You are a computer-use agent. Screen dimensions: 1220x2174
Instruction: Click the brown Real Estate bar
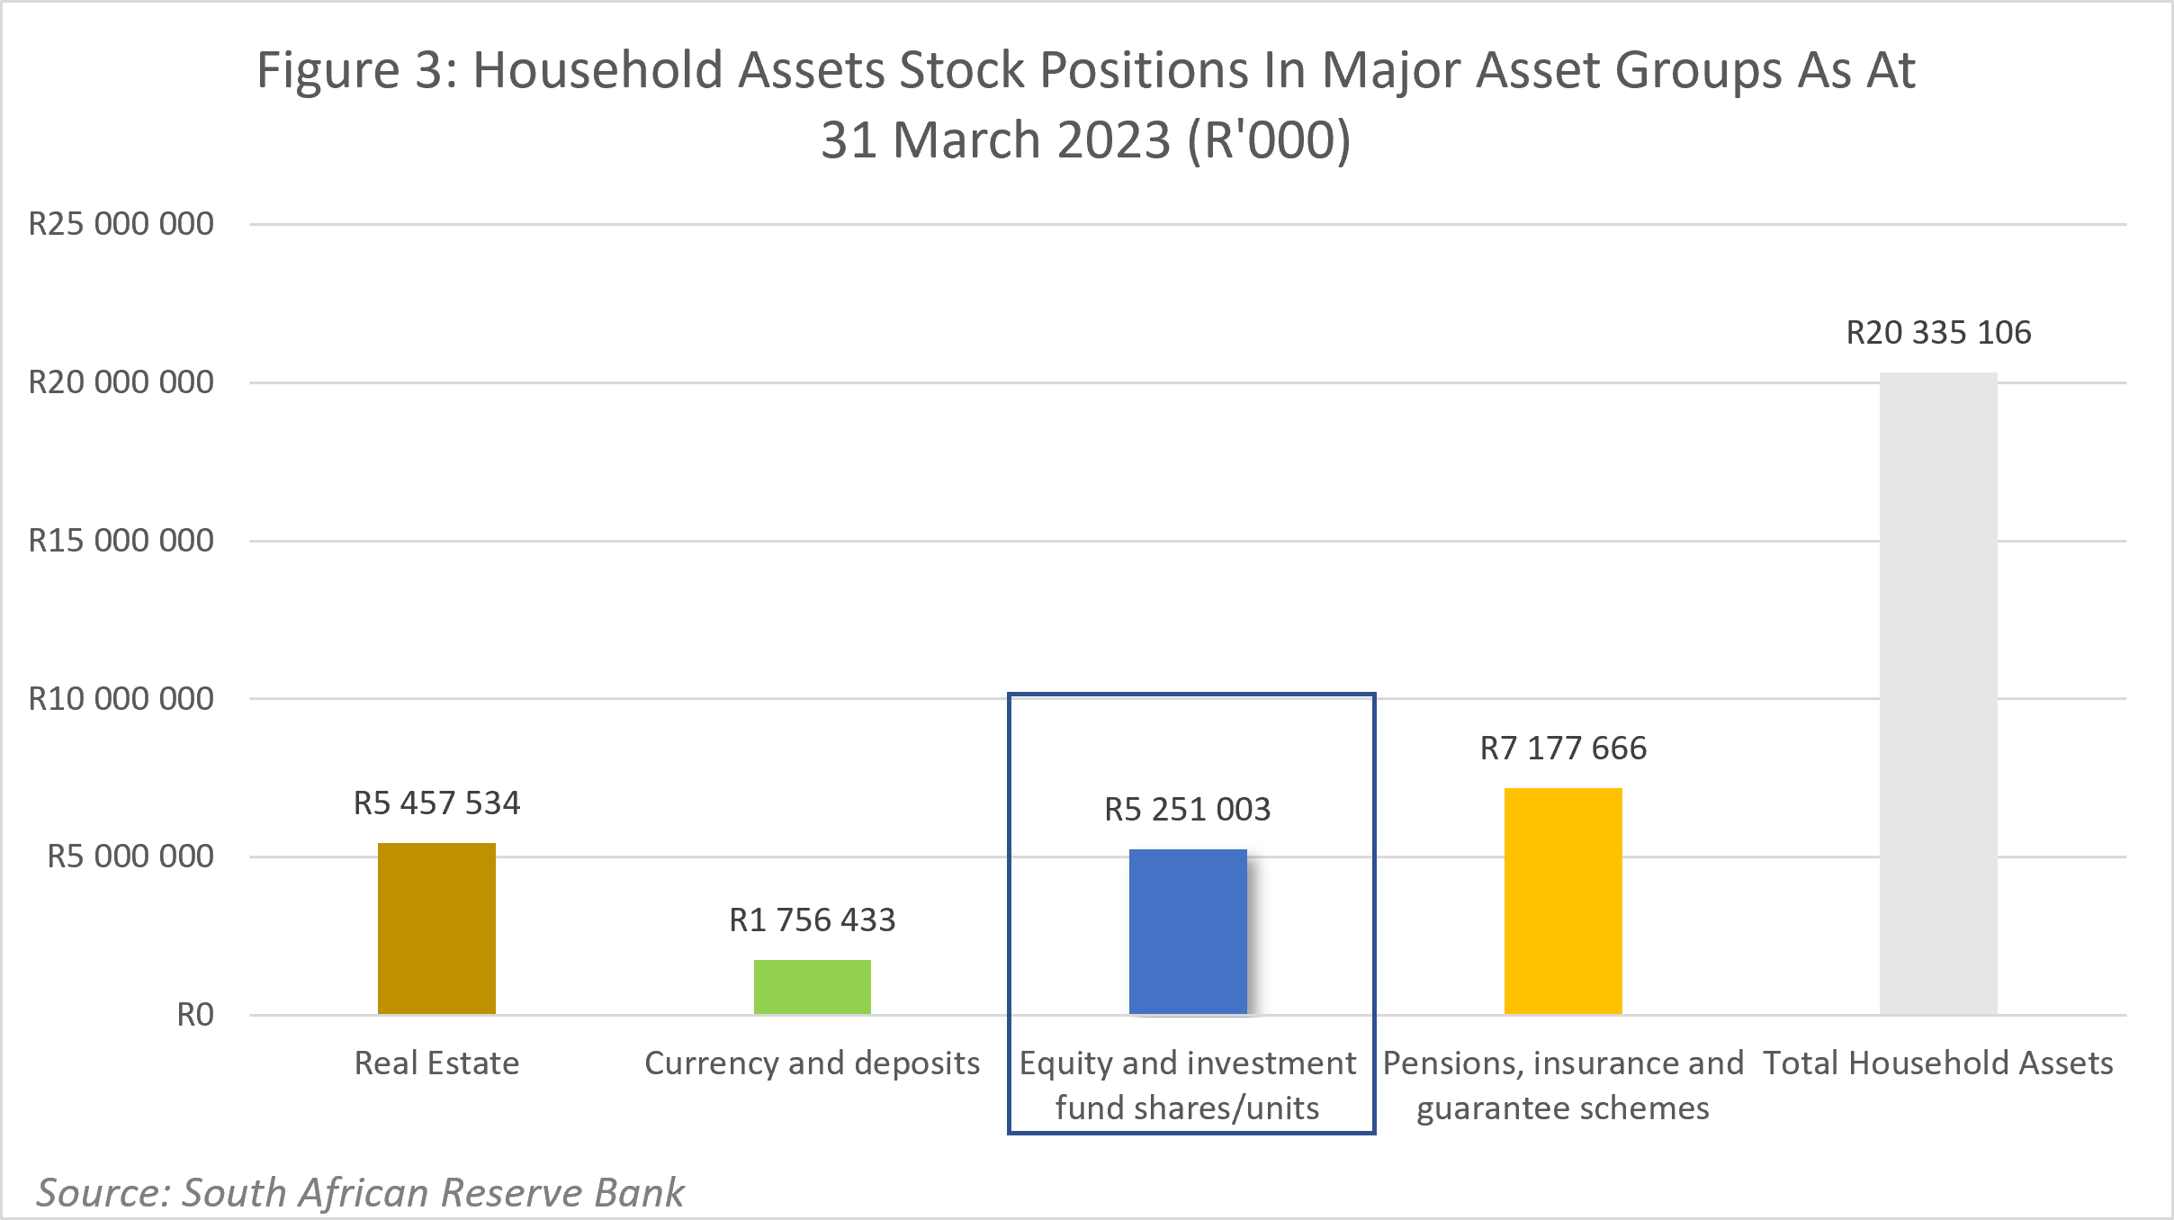[436, 928]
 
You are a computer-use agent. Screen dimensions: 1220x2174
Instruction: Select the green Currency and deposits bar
[812, 987]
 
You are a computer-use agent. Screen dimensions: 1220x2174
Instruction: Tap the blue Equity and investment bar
[1188, 932]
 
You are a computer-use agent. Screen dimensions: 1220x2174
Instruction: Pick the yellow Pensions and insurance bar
[1563, 902]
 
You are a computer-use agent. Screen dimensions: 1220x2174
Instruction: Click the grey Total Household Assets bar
[1938, 693]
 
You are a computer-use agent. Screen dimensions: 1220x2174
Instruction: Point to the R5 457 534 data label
[436, 803]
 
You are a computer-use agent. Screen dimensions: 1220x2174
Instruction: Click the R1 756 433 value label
[812, 919]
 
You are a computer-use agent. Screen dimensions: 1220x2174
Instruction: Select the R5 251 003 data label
[1188, 809]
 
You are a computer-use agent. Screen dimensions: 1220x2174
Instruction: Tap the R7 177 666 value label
[1563, 748]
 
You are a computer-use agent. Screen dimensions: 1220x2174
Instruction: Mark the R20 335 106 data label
[1938, 332]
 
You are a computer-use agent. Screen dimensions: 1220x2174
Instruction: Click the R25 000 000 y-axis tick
[121, 224]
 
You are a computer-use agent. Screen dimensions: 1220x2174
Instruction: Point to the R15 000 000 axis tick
[121, 541]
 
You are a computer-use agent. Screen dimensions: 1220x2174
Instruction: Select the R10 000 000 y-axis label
[121, 699]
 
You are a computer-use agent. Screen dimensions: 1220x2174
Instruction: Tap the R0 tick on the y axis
[194, 1015]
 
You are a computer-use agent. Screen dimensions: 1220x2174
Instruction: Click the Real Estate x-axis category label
[436, 1063]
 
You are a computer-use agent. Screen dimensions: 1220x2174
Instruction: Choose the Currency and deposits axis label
[812, 1063]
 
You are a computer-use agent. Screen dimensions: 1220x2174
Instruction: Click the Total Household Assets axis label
[1937, 1063]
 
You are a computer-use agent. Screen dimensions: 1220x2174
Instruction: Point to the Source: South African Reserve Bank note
[360, 1192]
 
